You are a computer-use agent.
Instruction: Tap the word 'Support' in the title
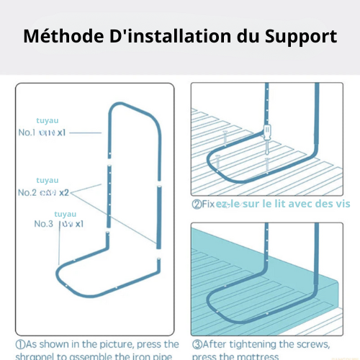pos(302,37)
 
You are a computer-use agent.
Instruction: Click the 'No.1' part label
pos(28,133)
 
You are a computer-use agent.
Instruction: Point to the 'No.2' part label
pos(28,192)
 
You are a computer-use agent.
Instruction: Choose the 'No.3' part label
pos(44,224)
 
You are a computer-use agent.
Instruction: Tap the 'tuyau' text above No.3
pos(65,214)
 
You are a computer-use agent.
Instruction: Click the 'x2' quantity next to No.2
pos(64,192)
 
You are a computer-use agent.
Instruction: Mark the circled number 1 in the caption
pos(21,344)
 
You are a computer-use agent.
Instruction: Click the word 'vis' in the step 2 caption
pos(342,204)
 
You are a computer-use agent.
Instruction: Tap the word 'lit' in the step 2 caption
pos(274,204)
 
